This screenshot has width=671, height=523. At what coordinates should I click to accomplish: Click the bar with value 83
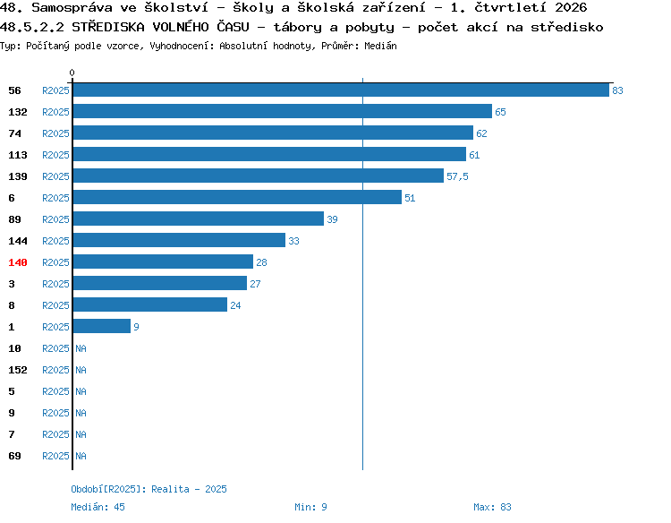341,90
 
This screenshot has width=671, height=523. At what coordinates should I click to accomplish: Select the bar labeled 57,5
259,176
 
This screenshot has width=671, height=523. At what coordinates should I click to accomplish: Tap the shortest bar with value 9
102,326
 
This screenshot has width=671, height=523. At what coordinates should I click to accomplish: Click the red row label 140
18,262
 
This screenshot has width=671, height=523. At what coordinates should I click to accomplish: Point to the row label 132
18,112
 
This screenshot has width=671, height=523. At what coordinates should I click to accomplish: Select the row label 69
14,456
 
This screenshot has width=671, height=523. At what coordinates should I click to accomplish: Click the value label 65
500,112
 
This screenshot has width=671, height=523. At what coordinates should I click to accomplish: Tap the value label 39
332,219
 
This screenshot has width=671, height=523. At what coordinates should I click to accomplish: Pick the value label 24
235,305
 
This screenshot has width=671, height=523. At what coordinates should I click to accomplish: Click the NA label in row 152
81,370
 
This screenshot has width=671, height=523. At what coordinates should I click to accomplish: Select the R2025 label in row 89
55,219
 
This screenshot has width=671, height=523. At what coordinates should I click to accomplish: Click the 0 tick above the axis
72,73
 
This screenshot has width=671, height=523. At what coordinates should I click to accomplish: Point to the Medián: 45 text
98,507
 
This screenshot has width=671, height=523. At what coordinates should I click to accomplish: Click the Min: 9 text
310,507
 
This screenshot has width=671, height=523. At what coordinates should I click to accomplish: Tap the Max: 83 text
493,507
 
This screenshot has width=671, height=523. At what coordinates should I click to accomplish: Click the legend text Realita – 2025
189,489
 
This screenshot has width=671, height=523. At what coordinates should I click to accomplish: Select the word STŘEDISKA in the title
108,27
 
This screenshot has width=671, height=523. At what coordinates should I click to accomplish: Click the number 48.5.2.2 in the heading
31,28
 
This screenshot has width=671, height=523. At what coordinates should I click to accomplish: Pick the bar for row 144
179,240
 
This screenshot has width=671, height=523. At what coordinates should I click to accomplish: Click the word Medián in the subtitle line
380,46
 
